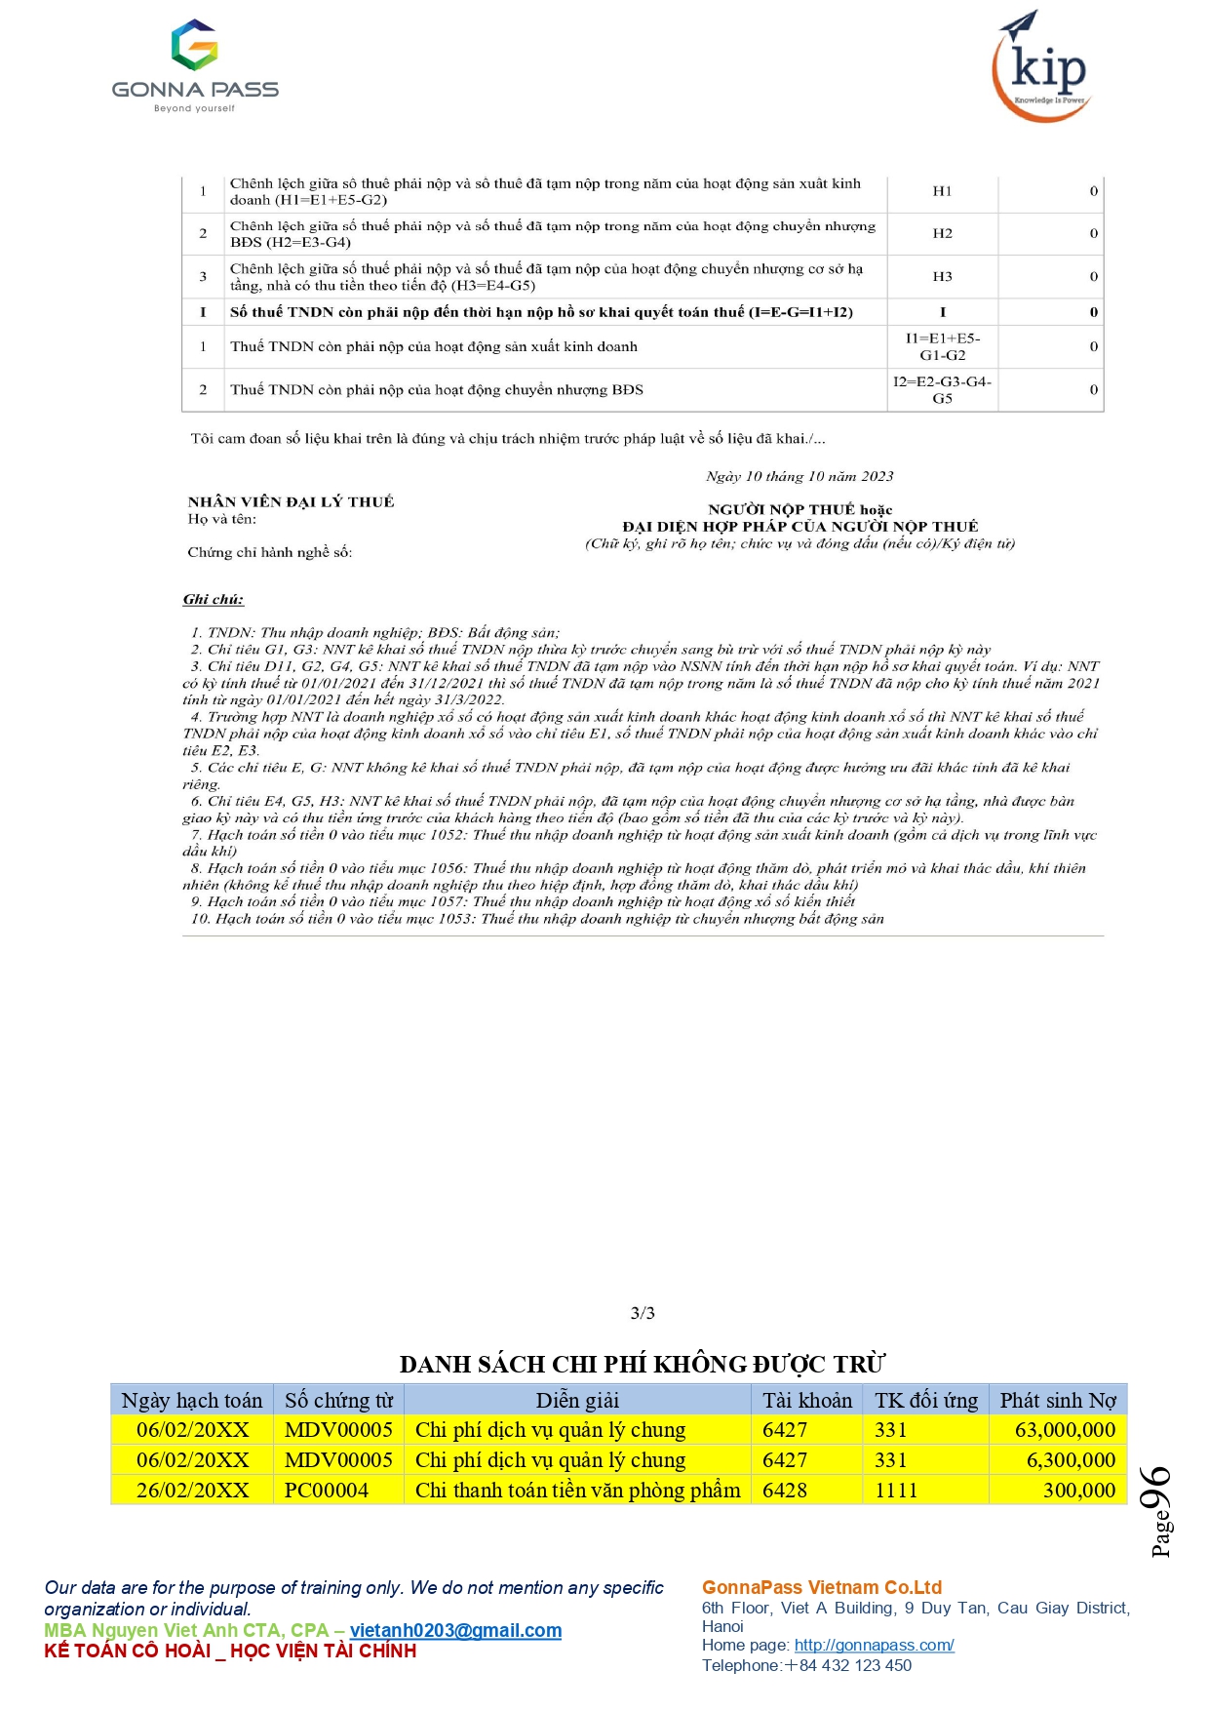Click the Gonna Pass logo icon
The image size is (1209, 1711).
pyautogui.click(x=194, y=45)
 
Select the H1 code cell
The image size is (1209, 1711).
pyautogui.click(x=942, y=191)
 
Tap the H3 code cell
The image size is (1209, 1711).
pyautogui.click(x=942, y=277)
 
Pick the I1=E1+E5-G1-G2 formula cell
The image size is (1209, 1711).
pyautogui.click(x=942, y=346)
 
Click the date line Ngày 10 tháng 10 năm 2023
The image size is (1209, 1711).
pyautogui.click(x=799, y=476)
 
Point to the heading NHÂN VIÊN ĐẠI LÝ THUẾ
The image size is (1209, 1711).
pyautogui.click(x=291, y=501)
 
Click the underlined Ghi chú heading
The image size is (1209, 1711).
pyautogui.click(x=214, y=599)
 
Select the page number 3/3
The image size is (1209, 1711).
pyautogui.click(x=643, y=1313)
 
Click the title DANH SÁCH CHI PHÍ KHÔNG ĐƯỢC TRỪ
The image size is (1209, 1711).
pyautogui.click(x=643, y=1364)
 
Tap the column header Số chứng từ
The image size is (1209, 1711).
pyautogui.click(x=338, y=1401)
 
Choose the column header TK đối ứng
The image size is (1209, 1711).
pyautogui.click(x=925, y=1401)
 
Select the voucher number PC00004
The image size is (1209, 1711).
pyautogui.click(x=327, y=1491)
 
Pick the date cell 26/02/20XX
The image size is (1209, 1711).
pyautogui.click(x=192, y=1491)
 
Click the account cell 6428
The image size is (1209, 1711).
pyautogui.click(x=785, y=1491)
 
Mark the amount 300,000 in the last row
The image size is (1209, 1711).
pyautogui.click(x=1078, y=1491)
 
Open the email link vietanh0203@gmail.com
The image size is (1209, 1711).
pyautogui.click(x=455, y=1630)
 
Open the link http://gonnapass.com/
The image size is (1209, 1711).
pyautogui.click(x=874, y=1645)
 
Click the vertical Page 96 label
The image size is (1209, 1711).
pyautogui.click(x=1158, y=1510)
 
